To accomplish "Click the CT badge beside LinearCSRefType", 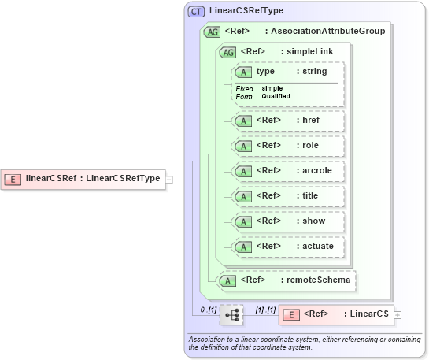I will pyautogui.click(x=196, y=11).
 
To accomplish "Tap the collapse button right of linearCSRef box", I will pyautogui.click(x=168, y=179).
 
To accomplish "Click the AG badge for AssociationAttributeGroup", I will pyautogui.click(x=212, y=32).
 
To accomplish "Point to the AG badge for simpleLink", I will pyautogui.click(x=227, y=52).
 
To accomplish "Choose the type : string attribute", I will pyautogui.click(x=288, y=72).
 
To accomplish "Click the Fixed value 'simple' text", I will pyautogui.click(x=272, y=88).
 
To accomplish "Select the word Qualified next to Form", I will pyautogui.click(x=276, y=96).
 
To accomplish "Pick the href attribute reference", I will pyautogui.click(x=288, y=121).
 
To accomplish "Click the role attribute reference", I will pyautogui.click(x=288, y=146).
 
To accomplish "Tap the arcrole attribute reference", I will pyautogui.click(x=288, y=171).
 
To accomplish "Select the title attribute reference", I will pyautogui.click(x=288, y=196).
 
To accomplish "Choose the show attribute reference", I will pyautogui.click(x=288, y=221).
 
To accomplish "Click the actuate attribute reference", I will pyautogui.click(x=288, y=247).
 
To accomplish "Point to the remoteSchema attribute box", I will pyautogui.click(x=287, y=280).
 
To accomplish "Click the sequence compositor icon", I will pyautogui.click(x=231, y=315).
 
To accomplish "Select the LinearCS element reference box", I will pyautogui.click(x=336, y=314).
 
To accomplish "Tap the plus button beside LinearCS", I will pyautogui.click(x=398, y=315).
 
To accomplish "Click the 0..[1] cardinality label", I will pyautogui.click(x=208, y=310).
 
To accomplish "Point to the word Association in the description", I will pyautogui.click(x=208, y=339).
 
